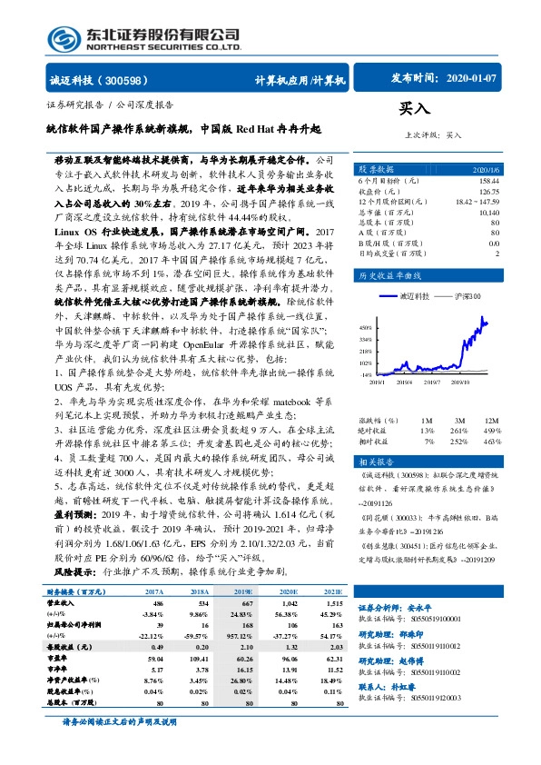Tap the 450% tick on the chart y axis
point(366,327)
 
